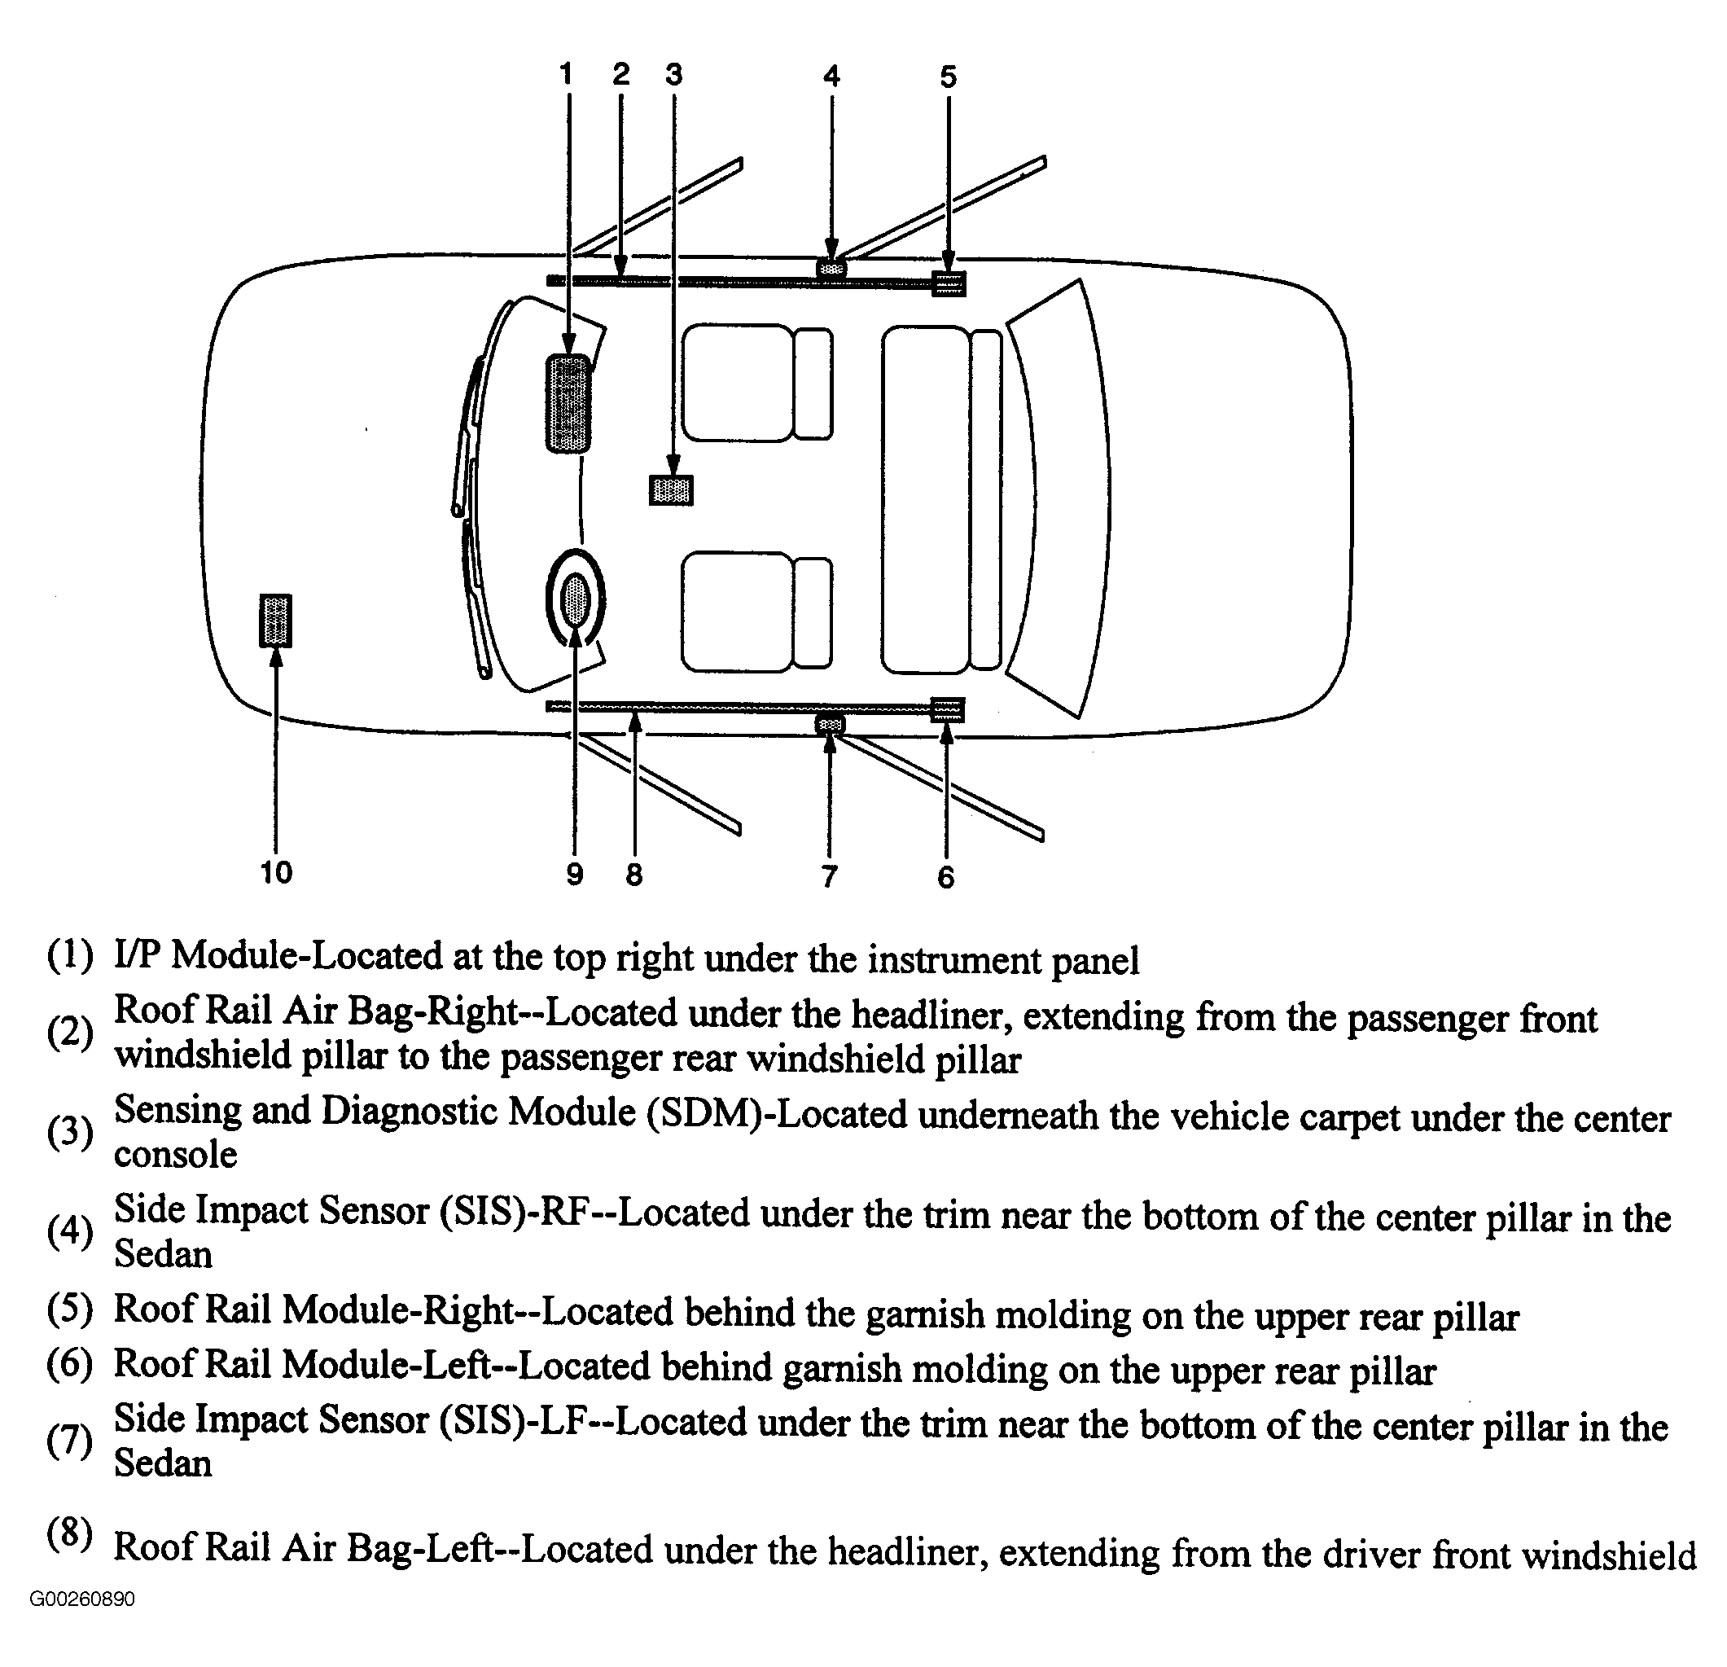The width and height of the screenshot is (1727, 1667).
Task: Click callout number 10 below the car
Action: pos(276,872)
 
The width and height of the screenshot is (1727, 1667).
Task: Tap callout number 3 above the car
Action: pos(674,75)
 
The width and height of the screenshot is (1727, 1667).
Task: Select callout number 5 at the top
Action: pos(948,77)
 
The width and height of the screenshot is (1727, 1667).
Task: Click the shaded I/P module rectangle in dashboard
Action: pos(568,404)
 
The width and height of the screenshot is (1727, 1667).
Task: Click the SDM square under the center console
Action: pos(672,490)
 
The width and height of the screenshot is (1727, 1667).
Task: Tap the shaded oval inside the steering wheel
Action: pos(576,599)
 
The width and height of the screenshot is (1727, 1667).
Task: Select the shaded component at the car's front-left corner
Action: pos(276,621)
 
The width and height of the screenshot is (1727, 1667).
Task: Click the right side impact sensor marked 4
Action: pos(831,267)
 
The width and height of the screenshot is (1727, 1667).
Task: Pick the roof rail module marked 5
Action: pos(948,283)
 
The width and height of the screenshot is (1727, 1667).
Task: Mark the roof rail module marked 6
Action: pos(947,709)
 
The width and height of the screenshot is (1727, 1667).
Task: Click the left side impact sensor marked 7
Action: pos(829,724)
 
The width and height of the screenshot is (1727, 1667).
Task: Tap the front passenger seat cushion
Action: pos(738,383)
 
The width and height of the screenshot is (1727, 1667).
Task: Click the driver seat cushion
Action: pos(737,612)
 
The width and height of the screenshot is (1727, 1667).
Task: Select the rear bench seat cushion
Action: pos(925,499)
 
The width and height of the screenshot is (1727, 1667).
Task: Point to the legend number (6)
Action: pos(69,1365)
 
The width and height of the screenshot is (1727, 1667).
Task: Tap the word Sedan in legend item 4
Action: pos(163,1254)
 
